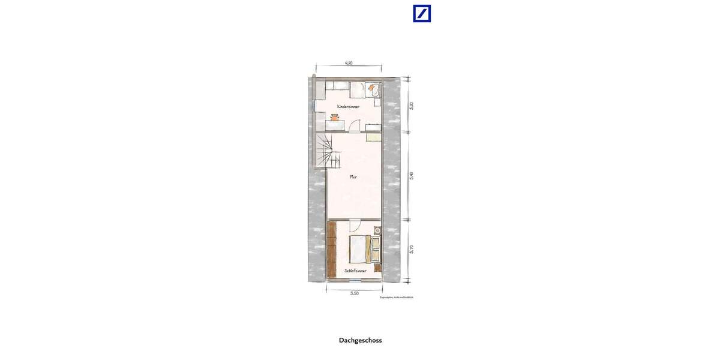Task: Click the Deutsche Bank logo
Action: point(422,13)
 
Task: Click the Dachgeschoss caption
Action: point(360,340)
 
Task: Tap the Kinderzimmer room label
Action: point(348,106)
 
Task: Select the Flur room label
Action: point(354,177)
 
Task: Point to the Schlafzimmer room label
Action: point(356,271)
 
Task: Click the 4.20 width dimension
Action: point(348,62)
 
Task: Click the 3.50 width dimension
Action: point(354,293)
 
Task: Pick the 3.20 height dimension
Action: point(411,106)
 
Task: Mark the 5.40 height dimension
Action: point(411,176)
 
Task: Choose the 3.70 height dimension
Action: point(411,250)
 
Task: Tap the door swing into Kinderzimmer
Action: point(355,125)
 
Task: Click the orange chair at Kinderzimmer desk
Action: point(334,118)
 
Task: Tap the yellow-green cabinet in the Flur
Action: point(374,137)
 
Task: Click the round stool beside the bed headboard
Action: point(377,230)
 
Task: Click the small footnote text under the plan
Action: point(397,298)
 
